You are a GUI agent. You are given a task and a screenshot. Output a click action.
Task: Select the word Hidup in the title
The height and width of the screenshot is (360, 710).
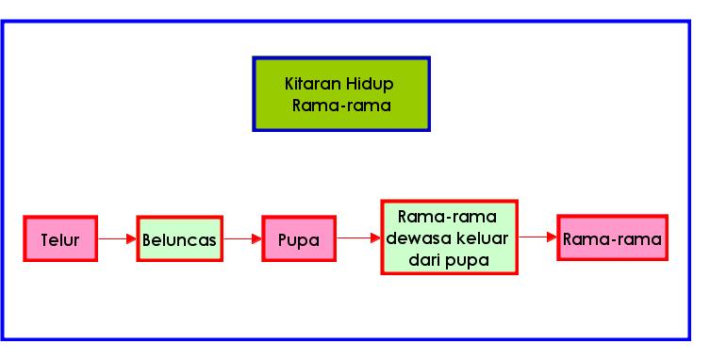tap(370, 84)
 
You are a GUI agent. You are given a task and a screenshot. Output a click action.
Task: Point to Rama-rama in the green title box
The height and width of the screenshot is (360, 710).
tap(340, 105)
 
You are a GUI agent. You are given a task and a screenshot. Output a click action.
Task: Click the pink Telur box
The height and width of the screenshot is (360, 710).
tap(60, 239)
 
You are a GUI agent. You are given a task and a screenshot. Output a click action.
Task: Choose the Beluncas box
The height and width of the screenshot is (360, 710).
tap(179, 239)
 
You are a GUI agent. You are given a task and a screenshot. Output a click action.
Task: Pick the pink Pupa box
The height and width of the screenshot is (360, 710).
tap(299, 239)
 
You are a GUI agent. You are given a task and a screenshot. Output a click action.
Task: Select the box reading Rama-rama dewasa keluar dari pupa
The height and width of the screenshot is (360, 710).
tap(450, 237)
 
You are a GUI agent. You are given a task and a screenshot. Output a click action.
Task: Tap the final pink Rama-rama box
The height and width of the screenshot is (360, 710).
tap(612, 238)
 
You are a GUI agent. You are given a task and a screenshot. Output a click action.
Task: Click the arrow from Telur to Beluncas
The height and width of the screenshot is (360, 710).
tap(117, 239)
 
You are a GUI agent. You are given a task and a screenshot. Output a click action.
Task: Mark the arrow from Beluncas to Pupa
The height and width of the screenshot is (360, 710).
tap(242, 239)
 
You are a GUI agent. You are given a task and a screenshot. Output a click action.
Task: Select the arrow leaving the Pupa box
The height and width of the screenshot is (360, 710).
tap(358, 238)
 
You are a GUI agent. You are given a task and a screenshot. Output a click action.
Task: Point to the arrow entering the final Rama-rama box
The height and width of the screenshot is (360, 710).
tap(538, 237)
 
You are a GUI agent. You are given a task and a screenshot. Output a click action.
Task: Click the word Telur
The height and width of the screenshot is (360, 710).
tap(60, 239)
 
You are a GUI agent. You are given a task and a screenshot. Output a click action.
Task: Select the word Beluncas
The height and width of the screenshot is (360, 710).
tap(179, 239)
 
